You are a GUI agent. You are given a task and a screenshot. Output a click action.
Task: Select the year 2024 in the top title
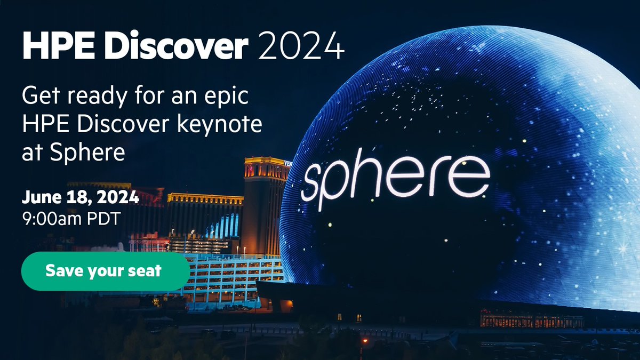coord(301,49)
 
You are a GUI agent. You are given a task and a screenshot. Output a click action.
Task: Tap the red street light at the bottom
coord(365,340)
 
